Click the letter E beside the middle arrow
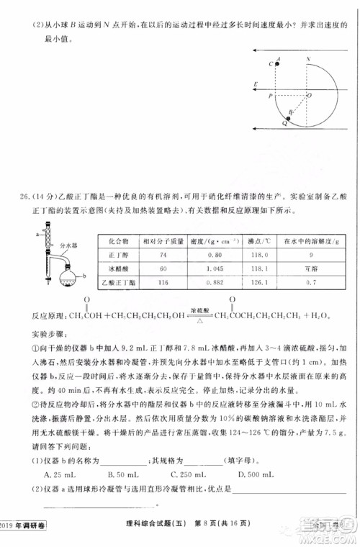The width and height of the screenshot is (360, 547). point(256,84)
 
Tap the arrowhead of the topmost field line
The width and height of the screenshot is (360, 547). point(256,50)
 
